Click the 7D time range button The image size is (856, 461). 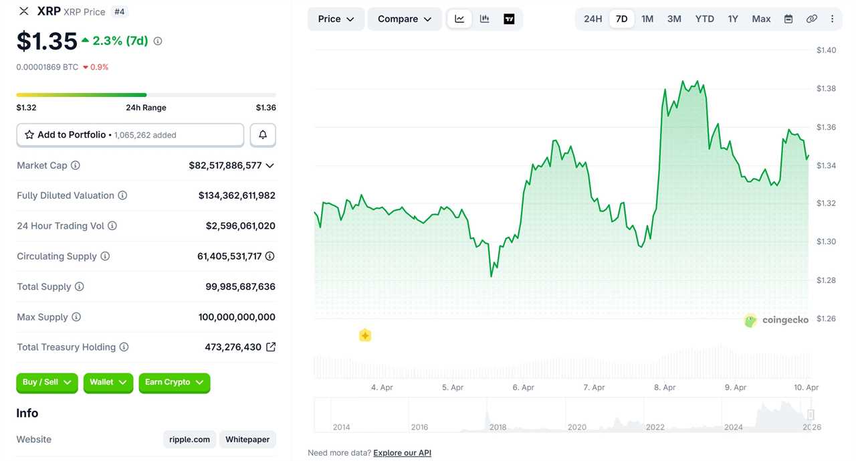621,19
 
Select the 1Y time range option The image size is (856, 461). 733,19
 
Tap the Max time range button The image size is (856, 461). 761,19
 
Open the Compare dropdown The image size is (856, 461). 405,19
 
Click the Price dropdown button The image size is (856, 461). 336,19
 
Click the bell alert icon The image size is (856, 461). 263,135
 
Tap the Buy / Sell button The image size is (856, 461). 47,383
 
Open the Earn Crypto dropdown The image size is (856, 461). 174,383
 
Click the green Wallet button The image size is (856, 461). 108,383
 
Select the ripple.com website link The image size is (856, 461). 189,440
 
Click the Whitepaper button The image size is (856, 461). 247,440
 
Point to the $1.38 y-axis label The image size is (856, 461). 826,88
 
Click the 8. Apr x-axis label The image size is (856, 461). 665,387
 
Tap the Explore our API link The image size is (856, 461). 402,453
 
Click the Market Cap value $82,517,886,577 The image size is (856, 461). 225,165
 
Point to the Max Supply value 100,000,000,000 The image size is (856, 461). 237,317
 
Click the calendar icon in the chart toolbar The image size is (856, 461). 788,19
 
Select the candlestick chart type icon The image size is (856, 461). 484,19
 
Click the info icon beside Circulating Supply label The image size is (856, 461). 105,256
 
